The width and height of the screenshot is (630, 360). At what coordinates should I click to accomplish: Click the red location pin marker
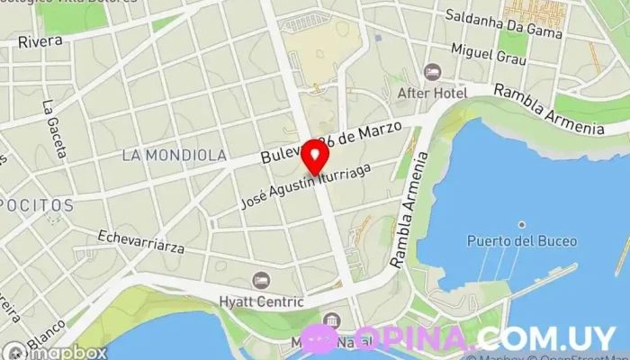(x=314, y=158)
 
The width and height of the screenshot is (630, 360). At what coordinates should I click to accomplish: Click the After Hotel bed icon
(x=433, y=71)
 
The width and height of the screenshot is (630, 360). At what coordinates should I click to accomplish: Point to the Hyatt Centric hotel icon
(x=261, y=281)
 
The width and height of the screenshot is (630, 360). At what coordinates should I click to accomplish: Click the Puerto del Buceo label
(x=522, y=241)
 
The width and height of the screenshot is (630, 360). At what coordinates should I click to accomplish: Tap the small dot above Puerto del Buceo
(x=520, y=225)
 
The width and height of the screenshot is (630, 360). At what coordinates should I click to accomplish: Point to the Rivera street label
(x=40, y=41)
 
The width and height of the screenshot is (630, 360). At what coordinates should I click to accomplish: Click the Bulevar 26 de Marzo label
(x=329, y=141)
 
